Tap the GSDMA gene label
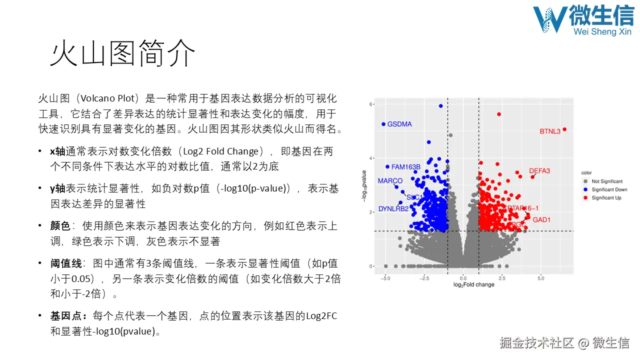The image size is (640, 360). pyautogui.click(x=399, y=124)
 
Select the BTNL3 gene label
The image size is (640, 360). pyautogui.click(x=550, y=131)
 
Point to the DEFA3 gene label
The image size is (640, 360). pyautogui.click(x=539, y=171)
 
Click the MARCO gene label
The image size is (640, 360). pyautogui.click(x=390, y=180)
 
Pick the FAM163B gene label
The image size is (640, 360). pyautogui.click(x=405, y=167)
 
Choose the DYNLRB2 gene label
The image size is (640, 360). pyautogui.click(x=393, y=208)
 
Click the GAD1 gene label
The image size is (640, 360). pyautogui.click(x=541, y=219)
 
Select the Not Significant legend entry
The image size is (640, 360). pyautogui.click(x=607, y=181)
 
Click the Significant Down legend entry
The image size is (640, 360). pyautogui.click(x=609, y=189)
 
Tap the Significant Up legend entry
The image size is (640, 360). pyautogui.click(x=606, y=197)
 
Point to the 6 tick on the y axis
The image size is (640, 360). pyautogui.click(x=371, y=104)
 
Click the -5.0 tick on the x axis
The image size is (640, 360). pyautogui.click(x=384, y=278)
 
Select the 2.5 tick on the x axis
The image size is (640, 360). pyautogui.click(x=502, y=278)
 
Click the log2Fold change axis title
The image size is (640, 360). pyautogui.click(x=473, y=284)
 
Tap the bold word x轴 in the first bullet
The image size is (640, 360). pyautogui.click(x=57, y=151)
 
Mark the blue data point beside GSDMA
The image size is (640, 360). pyautogui.click(x=383, y=124)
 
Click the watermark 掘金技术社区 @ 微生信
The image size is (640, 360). pyautogui.click(x=564, y=343)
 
